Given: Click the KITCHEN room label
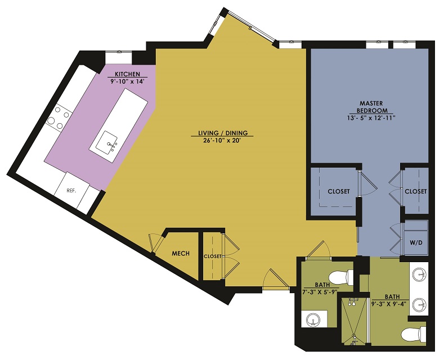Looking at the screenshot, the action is click(127, 74).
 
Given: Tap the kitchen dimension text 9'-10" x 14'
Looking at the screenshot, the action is click(127, 81).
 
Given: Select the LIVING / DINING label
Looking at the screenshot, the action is click(223, 133).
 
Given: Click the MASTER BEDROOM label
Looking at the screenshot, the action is click(371, 107).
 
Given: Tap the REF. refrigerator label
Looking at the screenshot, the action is click(71, 191).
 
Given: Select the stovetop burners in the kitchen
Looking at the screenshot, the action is click(59, 118).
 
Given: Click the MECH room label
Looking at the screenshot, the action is click(181, 253).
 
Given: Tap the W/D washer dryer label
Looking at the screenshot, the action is click(415, 243).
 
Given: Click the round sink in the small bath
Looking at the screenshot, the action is click(314, 319).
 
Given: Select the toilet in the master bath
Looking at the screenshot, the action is click(414, 335).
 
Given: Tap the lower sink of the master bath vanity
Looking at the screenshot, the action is click(419, 304).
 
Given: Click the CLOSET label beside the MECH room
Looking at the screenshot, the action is click(212, 256).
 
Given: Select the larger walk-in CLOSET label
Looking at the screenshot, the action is click(339, 191).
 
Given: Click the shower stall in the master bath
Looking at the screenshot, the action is click(355, 321).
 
